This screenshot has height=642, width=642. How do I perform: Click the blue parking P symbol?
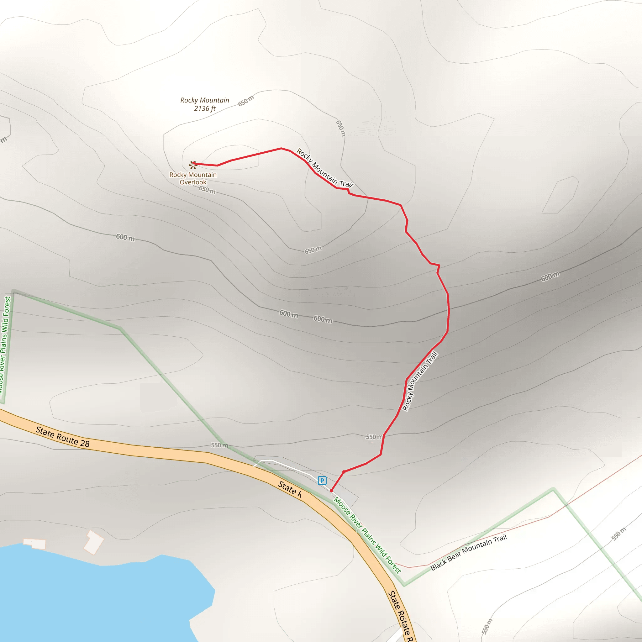tap(322, 480)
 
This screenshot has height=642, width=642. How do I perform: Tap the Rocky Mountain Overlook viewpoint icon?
tap(192, 165)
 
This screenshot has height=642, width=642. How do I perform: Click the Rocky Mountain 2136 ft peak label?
tap(205, 104)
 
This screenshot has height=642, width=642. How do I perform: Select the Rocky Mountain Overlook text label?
tap(193, 178)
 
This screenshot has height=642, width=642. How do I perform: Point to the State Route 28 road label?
tap(62, 437)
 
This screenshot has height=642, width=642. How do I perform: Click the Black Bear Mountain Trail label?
tap(469, 552)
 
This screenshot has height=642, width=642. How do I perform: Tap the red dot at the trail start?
tap(331, 491)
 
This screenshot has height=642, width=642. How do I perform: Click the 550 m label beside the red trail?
tap(374, 437)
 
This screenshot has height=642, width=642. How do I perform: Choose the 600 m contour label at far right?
tap(550, 276)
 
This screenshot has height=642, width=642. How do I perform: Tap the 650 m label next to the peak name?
tap(246, 101)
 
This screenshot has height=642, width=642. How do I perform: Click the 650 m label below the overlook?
tap(207, 190)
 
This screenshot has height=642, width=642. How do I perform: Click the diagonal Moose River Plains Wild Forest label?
tap(367, 535)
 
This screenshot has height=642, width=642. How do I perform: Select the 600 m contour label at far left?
tap(125, 237)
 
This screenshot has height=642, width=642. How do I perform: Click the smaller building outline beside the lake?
tap(34, 544)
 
